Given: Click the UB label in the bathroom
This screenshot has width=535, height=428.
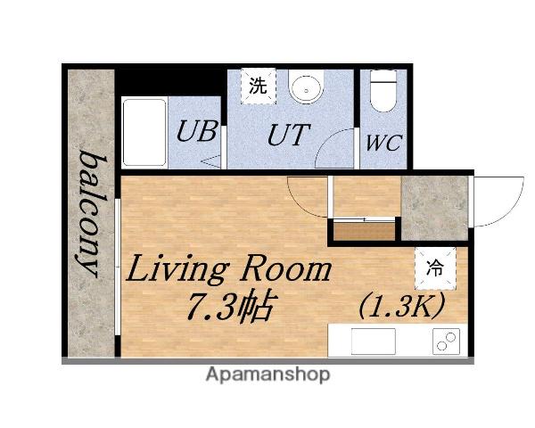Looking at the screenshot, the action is pyautogui.click(x=197, y=131).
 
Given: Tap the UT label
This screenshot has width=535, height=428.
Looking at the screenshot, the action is pyautogui.click(x=289, y=135).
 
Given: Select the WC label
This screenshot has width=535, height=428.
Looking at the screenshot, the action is pyautogui.click(x=383, y=143).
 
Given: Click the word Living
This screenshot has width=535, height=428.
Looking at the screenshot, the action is pyautogui.click(x=176, y=269).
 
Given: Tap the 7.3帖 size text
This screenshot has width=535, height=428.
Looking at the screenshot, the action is pyautogui.click(x=231, y=306).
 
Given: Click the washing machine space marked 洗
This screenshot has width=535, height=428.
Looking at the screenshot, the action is pyautogui.click(x=258, y=86).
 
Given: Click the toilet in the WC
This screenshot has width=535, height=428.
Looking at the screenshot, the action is pyautogui.click(x=383, y=91).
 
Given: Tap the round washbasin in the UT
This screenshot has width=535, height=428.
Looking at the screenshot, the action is pyautogui.click(x=306, y=87).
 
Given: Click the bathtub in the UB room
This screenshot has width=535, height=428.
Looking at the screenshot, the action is pyautogui.click(x=144, y=132).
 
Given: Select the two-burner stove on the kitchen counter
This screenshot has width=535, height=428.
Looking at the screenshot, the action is pyautogui.click(x=446, y=342).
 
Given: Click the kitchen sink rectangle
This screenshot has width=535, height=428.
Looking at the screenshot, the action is pyautogui.click(x=374, y=342).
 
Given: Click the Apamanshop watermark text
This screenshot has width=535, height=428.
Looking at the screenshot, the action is pyautogui.click(x=267, y=374).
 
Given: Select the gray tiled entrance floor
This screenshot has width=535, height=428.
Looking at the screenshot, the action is pyautogui.click(x=434, y=208).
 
